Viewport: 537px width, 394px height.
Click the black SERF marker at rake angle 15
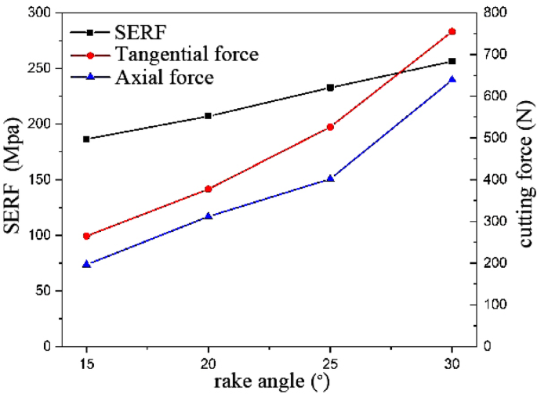pos(86,139)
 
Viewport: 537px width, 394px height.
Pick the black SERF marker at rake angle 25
pos(330,88)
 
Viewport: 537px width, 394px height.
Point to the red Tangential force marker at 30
pos(452,31)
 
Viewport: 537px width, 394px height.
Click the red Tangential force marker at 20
pos(208,189)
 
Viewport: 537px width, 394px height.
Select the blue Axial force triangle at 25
pos(330,179)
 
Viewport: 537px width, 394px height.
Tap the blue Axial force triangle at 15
pos(86,264)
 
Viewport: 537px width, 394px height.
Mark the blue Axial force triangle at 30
pos(452,79)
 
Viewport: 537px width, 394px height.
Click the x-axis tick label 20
pos(208,365)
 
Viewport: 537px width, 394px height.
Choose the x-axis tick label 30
pos(452,365)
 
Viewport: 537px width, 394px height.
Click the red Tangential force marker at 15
pos(86,236)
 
